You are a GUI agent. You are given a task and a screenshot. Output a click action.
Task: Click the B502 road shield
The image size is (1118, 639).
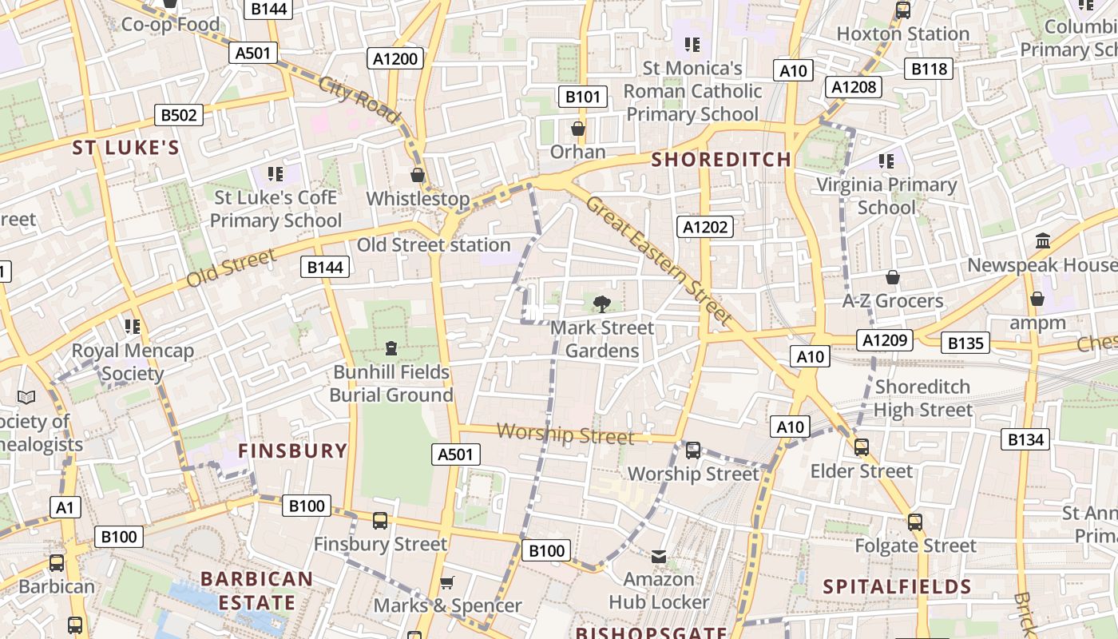coord(179,115)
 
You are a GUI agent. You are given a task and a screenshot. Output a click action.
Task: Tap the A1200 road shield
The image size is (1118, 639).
coord(395,58)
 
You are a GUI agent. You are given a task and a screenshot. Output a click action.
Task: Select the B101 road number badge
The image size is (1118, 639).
coord(582,97)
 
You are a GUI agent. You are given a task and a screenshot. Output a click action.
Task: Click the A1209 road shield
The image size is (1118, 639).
coord(886,340)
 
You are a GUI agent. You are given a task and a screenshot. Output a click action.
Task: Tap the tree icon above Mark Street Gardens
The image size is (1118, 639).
coord(602,304)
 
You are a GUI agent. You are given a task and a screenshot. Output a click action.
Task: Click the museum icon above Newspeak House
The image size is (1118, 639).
coord(1042,240)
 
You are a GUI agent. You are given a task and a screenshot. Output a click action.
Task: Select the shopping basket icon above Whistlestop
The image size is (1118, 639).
coord(418,175)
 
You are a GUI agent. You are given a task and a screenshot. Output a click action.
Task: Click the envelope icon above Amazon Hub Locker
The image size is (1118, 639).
coord(659,556)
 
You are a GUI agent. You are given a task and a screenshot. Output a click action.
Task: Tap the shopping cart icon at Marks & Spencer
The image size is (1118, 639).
coord(447,582)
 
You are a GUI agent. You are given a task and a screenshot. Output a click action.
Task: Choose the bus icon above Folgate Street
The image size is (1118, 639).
coord(915,522)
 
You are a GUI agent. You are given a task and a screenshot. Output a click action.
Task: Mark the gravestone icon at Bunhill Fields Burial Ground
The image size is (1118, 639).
coord(391,348)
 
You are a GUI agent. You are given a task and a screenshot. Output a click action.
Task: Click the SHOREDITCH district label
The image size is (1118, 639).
coord(721,160)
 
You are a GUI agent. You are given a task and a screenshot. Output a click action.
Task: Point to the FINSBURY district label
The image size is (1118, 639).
coord(293,450)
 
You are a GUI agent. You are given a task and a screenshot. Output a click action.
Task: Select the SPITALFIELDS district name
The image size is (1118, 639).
coord(897,587)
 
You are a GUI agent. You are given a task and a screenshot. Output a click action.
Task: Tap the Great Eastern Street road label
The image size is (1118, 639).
coord(658,260)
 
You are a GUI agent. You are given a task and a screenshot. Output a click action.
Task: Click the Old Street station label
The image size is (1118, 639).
coord(434,245)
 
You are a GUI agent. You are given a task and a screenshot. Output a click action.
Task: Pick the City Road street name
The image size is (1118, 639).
coord(359,100)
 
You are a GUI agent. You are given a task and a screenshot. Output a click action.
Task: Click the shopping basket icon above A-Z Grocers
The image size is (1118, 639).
coord(893,277)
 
